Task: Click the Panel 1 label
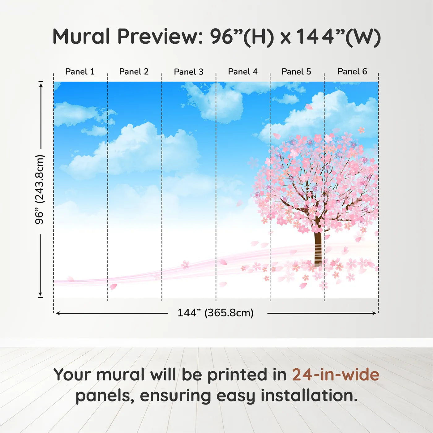(x=80, y=72)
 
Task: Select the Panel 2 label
(x=134, y=72)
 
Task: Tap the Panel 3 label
(x=189, y=72)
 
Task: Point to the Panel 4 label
(x=243, y=72)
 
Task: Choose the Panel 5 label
(x=296, y=72)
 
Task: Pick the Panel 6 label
(x=352, y=72)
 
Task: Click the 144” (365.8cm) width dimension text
(x=216, y=313)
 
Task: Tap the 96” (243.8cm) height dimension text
(x=40, y=189)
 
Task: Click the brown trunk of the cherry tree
(x=318, y=247)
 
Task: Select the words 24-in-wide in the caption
(x=336, y=375)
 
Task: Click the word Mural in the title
(x=81, y=36)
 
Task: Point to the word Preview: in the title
(x=160, y=36)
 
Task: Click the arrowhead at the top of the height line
(x=41, y=84)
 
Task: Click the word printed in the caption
(x=238, y=375)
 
